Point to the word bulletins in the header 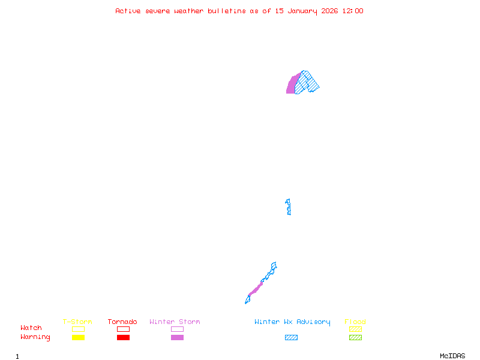[227, 11]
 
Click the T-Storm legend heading [77, 322]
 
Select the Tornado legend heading [122, 322]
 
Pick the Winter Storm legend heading [175, 322]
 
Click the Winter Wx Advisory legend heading [292, 322]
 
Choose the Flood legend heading [355, 322]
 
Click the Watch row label [31, 328]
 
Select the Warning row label [35, 337]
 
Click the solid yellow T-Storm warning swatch [78, 338]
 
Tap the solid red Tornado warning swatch [123, 338]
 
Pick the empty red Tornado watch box [123, 329]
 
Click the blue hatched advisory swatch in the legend [291, 338]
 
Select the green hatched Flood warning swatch [355, 338]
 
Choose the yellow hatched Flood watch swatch [355, 329]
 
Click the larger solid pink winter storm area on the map [292, 85]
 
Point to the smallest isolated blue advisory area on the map [289, 207]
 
